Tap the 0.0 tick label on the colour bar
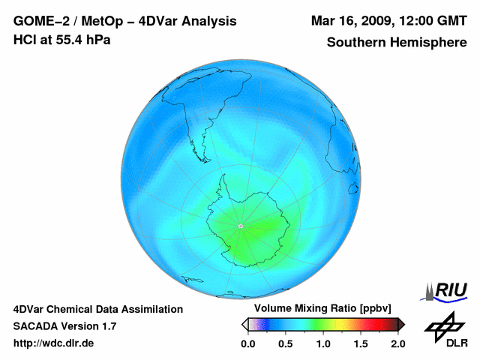[247, 343]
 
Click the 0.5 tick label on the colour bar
[285, 343]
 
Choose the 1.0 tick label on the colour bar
[323, 343]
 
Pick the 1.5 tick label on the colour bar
[361, 343]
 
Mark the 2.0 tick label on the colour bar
[397, 343]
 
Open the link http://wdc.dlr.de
[54, 343]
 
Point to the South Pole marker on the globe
[240, 226]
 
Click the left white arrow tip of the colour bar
[244, 324]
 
